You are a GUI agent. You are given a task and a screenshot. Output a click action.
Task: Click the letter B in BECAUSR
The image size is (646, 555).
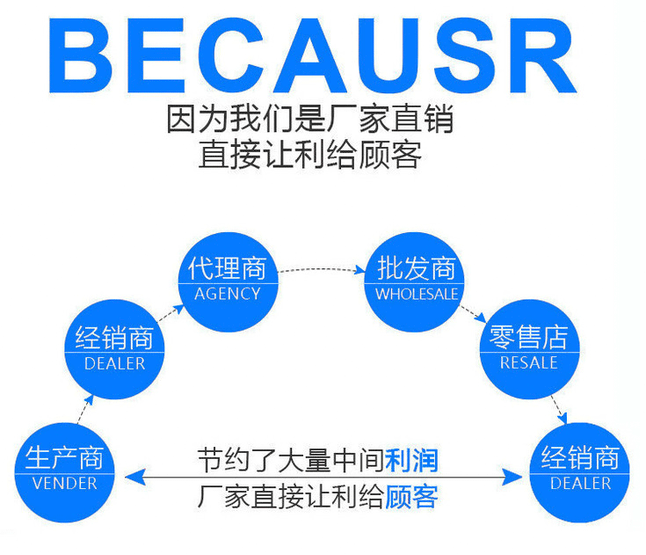pyautogui.click(x=81, y=55)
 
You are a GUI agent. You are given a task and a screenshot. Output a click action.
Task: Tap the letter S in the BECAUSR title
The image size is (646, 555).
pyautogui.click(x=464, y=55)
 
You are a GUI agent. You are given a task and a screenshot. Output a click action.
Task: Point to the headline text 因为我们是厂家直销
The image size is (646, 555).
pyautogui.click(x=309, y=119)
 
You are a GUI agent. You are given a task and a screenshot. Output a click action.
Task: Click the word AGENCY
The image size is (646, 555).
pyautogui.click(x=228, y=294)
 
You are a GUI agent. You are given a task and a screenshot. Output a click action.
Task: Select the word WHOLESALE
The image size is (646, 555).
pyautogui.click(x=417, y=294)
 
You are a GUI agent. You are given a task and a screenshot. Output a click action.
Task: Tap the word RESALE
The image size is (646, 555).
pyautogui.click(x=528, y=363)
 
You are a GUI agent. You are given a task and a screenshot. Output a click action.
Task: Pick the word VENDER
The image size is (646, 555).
pyautogui.click(x=65, y=483)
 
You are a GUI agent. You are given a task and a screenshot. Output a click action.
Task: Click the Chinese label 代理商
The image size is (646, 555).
pyautogui.click(x=228, y=268)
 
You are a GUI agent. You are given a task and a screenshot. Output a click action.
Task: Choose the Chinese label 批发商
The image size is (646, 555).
pyautogui.click(x=417, y=268)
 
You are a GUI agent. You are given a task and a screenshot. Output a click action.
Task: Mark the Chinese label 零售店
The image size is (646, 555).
pyautogui.click(x=528, y=337)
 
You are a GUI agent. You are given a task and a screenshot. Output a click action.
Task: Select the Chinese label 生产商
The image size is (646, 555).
pyautogui.click(x=65, y=457)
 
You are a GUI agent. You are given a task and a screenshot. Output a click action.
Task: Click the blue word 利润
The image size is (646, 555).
pyautogui.click(x=411, y=460)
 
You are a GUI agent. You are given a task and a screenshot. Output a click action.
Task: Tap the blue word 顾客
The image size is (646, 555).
pyautogui.click(x=411, y=496)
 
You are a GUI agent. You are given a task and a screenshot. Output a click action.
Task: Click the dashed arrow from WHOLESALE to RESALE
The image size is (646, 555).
pyautogui.click(x=473, y=314)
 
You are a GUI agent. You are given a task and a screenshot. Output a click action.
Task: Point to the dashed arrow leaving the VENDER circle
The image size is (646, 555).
pyautogui.click(x=85, y=410)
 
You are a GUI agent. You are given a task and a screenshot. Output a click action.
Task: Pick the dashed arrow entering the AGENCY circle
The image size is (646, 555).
pyautogui.click(x=171, y=312)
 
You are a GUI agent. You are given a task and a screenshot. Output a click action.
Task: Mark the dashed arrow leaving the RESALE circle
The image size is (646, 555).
pyautogui.click(x=559, y=410)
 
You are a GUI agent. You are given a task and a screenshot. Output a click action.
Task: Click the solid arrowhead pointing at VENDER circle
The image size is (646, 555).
pyautogui.click(x=134, y=477)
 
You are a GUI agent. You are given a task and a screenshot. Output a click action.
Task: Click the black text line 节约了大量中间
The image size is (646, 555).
pyautogui.click(x=291, y=460)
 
